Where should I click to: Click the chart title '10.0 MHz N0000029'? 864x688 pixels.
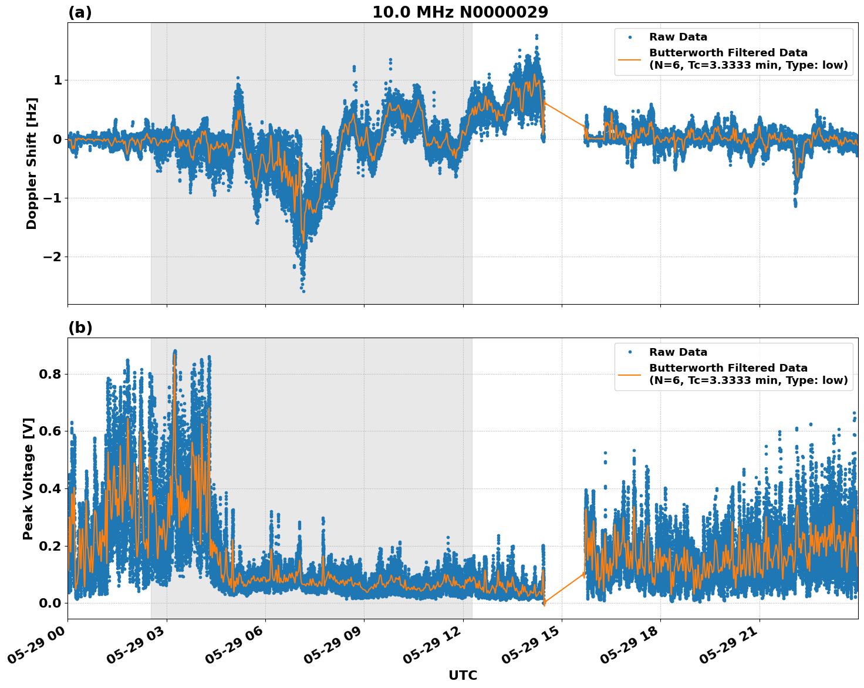pyautogui.click(x=460, y=12)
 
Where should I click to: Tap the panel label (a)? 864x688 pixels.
pyautogui.click(x=80, y=12)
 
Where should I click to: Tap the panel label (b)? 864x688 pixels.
pyautogui.click(x=80, y=328)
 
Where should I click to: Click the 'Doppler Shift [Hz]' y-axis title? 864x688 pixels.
pyautogui.click(x=32, y=163)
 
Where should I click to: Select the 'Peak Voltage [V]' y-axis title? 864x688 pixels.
pyautogui.click(x=28, y=478)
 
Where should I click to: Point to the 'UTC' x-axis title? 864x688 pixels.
pyautogui.click(x=463, y=675)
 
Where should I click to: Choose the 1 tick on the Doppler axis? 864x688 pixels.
pyautogui.click(x=58, y=80)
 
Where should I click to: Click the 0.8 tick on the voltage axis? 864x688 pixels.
pyautogui.click(x=50, y=374)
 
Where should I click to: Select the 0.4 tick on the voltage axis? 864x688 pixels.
pyautogui.click(x=50, y=488)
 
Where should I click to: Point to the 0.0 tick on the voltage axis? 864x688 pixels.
pyautogui.click(x=50, y=603)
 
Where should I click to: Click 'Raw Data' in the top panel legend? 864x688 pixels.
pyautogui.click(x=678, y=37)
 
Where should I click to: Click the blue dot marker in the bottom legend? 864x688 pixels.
pyautogui.click(x=630, y=352)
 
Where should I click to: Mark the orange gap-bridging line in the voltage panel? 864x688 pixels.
pyautogui.click(x=565, y=588)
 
